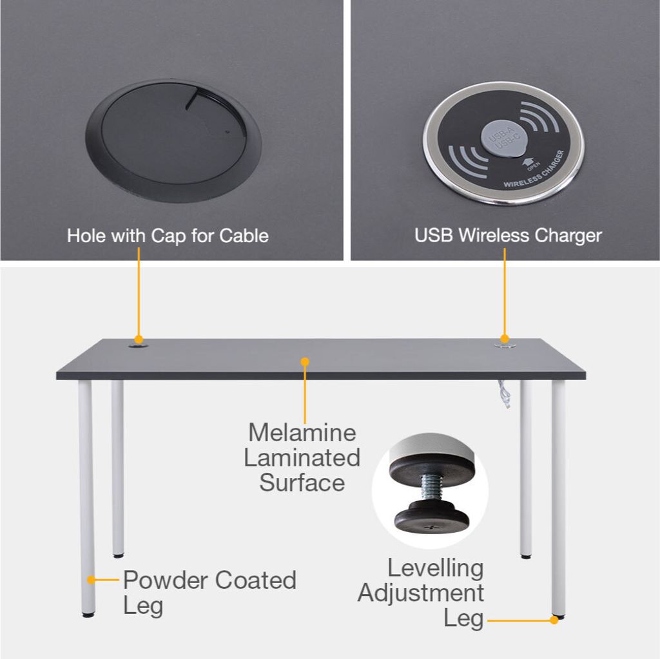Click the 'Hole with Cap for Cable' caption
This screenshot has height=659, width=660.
[168, 236]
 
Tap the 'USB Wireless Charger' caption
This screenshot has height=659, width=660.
[508, 236]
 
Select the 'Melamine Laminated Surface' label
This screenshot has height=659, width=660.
[302, 457]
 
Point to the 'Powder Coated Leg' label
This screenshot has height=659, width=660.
[209, 593]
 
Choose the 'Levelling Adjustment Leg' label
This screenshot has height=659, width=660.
[421, 593]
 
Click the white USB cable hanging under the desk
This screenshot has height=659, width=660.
[504, 394]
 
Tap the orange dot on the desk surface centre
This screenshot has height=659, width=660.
[305, 361]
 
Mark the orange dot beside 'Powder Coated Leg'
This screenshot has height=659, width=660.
[91, 580]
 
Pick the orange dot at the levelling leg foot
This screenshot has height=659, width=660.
[554, 620]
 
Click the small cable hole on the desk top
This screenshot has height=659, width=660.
[139, 346]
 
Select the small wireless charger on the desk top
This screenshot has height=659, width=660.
[505, 345]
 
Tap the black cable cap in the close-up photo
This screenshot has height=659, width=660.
[173, 141]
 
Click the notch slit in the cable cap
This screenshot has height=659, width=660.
[191, 100]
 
